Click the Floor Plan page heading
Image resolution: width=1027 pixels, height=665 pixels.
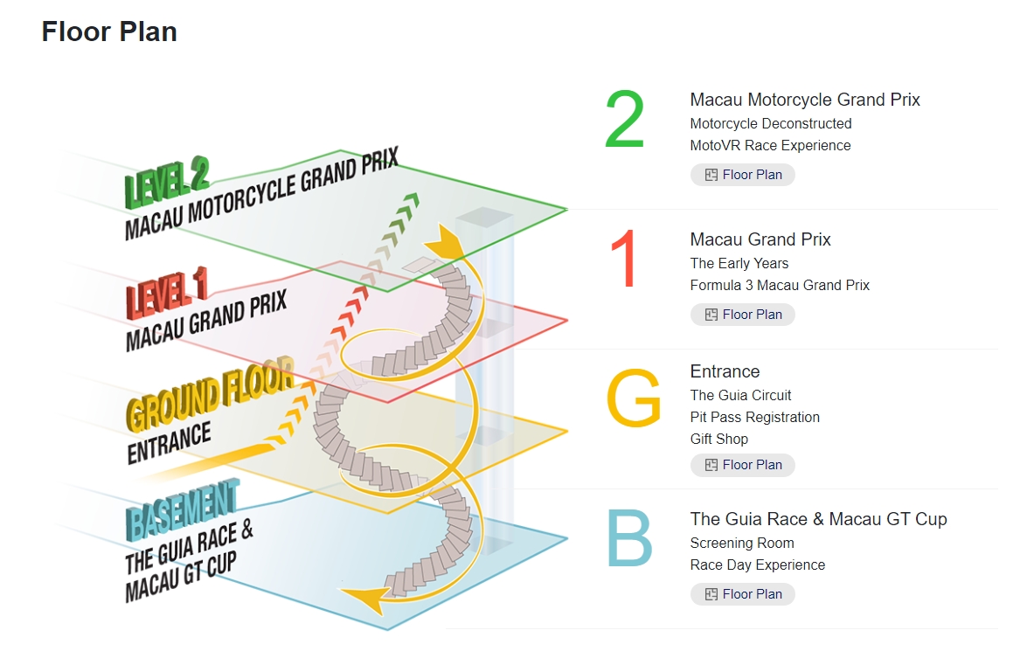[x=109, y=31]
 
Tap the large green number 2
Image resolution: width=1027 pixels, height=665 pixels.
[x=625, y=119]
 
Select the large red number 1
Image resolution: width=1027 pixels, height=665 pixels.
[x=624, y=259]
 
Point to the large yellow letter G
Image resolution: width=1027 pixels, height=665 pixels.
[x=634, y=398]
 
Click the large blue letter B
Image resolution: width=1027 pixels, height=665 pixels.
[x=629, y=538]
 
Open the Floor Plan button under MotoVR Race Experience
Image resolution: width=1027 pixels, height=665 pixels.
[x=743, y=175]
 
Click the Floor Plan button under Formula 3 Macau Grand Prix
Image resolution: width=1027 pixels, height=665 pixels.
[x=743, y=315]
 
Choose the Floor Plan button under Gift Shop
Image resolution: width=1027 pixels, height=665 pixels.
[x=743, y=465]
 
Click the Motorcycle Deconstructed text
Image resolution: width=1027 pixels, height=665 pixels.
[x=771, y=124]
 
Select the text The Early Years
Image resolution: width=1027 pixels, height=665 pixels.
[x=739, y=263]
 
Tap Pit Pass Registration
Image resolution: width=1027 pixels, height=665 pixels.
[x=755, y=418]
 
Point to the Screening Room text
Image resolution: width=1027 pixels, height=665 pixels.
[x=742, y=544]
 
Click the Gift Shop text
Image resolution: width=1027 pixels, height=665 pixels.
[x=719, y=440]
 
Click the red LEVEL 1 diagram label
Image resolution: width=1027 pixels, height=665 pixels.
[x=166, y=294]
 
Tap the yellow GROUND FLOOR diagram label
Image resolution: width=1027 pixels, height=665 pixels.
[x=211, y=394]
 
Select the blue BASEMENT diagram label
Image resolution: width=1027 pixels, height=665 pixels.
[x=182, y=510]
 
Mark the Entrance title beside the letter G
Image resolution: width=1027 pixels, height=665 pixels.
[x=725, y=371]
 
